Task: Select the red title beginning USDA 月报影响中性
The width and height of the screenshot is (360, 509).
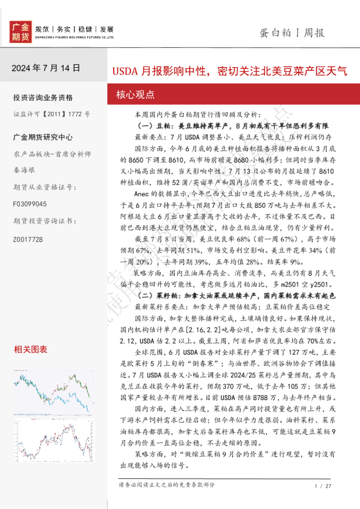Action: (229, 71)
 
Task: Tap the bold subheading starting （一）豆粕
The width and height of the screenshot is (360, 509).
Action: (234, 125)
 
